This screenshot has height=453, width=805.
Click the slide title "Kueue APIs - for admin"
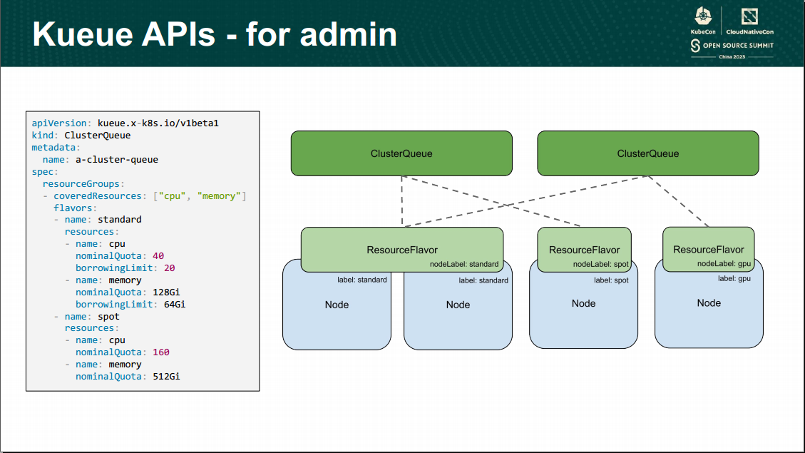(x=215, y=34)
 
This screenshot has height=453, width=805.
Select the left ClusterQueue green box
(x=401, y=153)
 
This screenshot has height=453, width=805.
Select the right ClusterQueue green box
(x=647, y=153)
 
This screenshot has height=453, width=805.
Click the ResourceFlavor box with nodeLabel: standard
(x=401, y=249)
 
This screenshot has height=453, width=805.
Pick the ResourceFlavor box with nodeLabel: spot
(x=584, y=249)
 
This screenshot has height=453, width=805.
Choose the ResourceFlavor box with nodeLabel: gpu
(x=708, y=249)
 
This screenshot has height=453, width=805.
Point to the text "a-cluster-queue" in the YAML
(x=116, y=159)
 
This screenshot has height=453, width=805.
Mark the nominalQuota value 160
(x=160, y=352)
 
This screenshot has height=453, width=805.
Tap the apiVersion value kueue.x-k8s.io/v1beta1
(x=158, y=123)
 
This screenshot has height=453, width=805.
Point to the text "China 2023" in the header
(x=732, y=56)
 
